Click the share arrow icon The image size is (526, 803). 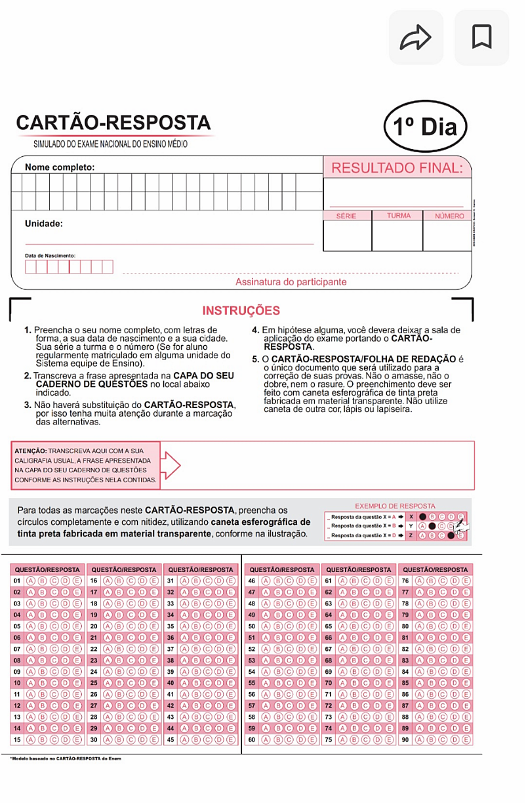416,38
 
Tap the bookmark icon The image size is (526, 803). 481,37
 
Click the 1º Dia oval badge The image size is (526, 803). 426,127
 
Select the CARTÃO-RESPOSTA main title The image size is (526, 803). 113,123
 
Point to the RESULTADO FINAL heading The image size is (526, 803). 397,168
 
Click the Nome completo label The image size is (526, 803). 60,167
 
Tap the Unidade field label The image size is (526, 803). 44,224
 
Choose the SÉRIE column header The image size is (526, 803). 347,216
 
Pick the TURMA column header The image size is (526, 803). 398,216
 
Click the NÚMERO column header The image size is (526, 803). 449,216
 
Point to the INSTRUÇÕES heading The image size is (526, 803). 241,311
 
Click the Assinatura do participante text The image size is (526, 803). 291,282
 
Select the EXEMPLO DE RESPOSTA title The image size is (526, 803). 395,506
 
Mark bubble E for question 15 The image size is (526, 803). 78,740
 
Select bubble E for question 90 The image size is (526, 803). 466,740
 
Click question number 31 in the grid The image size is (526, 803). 171,581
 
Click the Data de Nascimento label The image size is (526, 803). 50,255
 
